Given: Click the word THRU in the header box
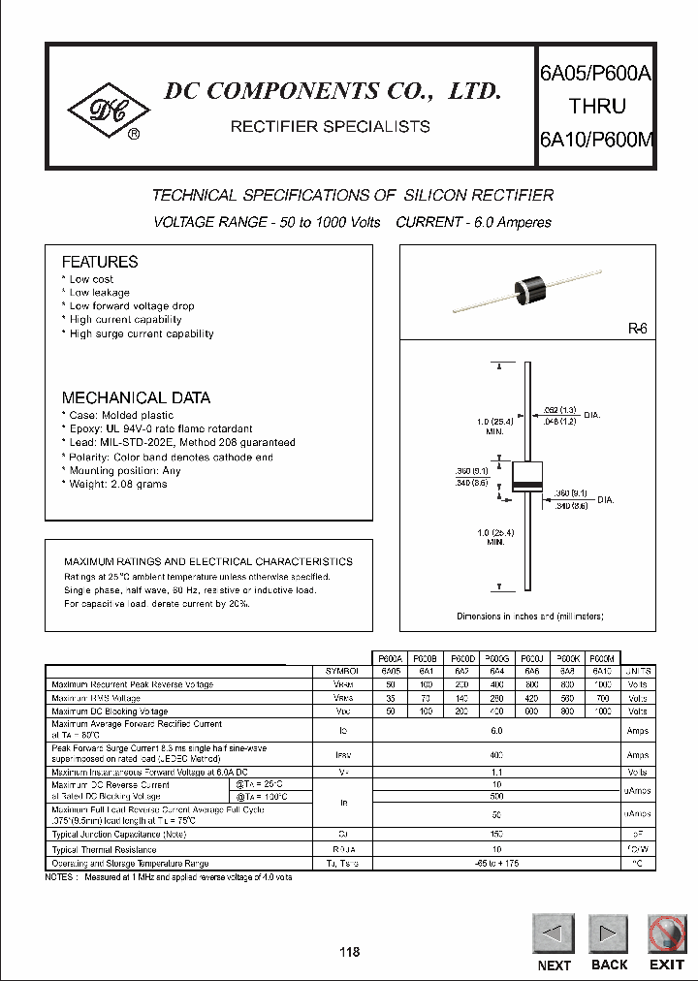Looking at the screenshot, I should pos(596,107).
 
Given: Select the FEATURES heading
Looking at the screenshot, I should pos(100,262).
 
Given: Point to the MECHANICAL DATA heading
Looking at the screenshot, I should pos(136,397).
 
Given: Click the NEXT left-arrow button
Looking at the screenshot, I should pos(554,934).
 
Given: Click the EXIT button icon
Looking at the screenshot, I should pos(667,934).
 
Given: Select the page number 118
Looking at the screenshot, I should pos(349,952).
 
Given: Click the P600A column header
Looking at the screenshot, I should pos(391,657).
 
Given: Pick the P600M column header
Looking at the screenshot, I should pos(601,657).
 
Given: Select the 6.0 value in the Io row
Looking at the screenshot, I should pos(496,731).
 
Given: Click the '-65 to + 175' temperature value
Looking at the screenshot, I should pos(496,863).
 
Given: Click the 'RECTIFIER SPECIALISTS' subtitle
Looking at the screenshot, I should pos(330,126).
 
